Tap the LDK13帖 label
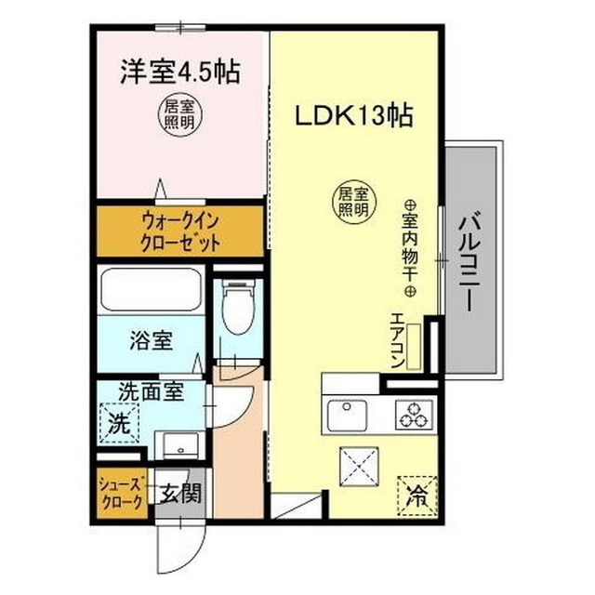(353, 118)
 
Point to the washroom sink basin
(174, 445)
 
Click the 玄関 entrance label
(178, 494)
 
